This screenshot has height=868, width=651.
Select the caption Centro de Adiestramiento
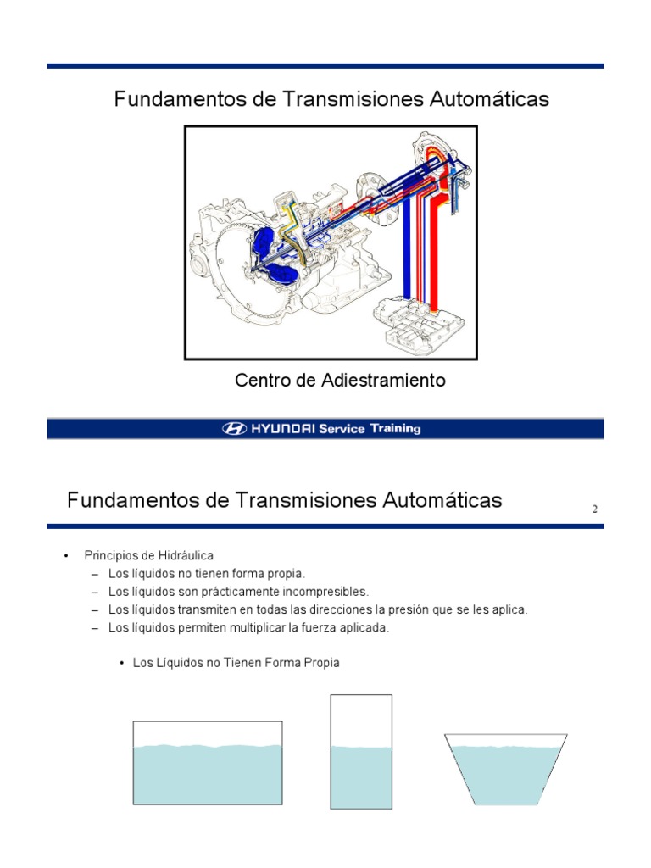[340, 381]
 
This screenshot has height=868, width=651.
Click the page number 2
[595, 509]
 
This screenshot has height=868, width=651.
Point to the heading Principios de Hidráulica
[148, 556]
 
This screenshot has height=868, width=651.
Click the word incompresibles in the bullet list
[328, 592]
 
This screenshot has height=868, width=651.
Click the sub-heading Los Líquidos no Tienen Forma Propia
[236, 663]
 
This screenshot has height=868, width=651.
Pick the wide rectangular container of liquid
[207, 763]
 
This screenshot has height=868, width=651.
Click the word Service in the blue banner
[342, 429]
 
